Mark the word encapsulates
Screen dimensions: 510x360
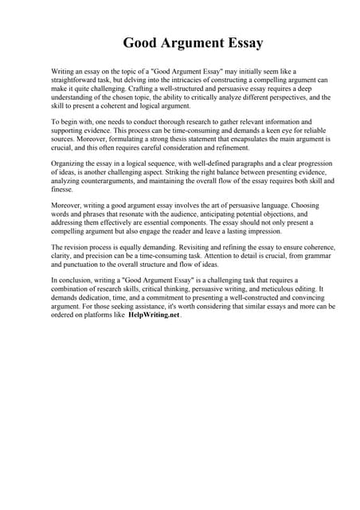(242, 139)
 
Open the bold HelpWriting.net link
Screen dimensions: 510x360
(155, 314)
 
